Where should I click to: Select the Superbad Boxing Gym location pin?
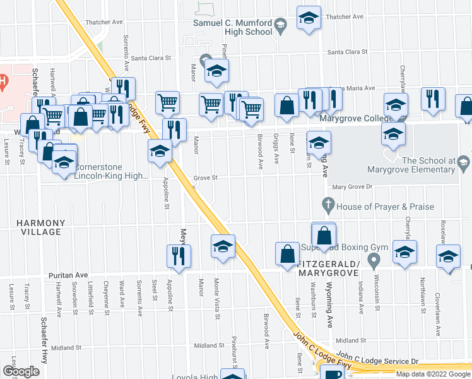[x=374, y=260]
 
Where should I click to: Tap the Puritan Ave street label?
[x=69, y=275]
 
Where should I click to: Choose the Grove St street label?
[x=205, y=178]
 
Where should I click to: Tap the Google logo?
[x=21, y=371]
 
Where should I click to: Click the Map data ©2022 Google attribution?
[x=433, y=374]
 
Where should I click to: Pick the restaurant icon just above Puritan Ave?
[x=179, y=256]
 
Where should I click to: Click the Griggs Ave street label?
[x=276, y=149]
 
